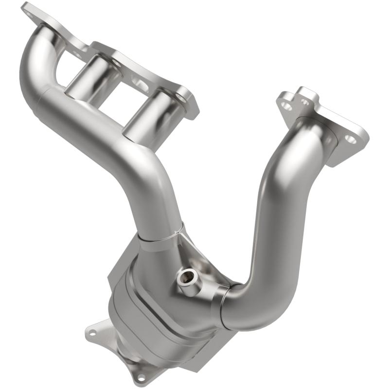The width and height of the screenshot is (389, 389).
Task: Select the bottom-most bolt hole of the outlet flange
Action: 141,377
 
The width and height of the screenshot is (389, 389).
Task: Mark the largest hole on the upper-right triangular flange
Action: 287,105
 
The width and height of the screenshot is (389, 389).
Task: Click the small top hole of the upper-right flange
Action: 305,102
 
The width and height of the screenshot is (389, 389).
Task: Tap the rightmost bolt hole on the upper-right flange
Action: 350,140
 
